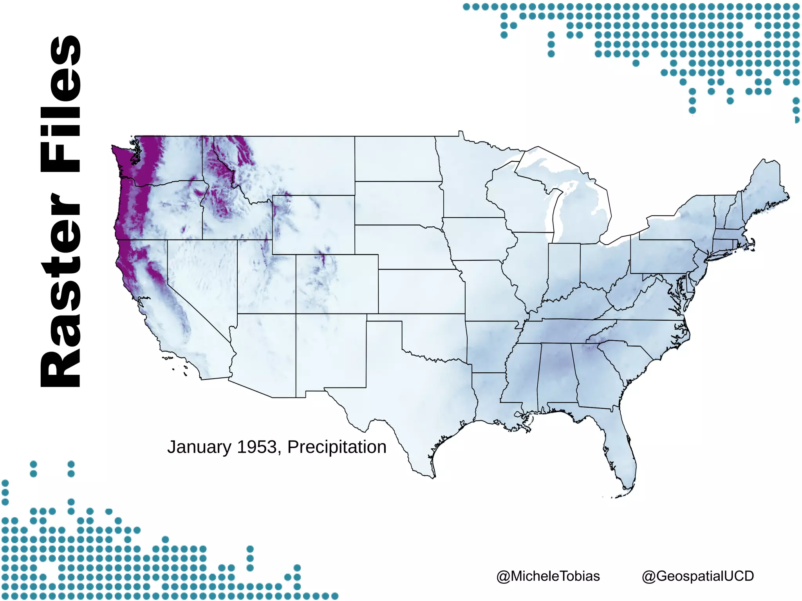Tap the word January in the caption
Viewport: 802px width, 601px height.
199,448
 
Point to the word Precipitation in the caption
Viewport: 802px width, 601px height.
337,447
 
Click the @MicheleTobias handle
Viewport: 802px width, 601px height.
548,576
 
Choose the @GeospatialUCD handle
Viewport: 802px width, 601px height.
698,576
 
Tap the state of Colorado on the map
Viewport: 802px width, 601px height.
337,284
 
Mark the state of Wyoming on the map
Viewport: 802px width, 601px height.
313,225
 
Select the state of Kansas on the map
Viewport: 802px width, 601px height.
421,292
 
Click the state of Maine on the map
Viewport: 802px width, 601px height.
764,188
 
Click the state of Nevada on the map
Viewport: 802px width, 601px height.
200,274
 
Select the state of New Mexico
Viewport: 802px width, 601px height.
331,352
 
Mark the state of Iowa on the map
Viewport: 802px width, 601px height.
478,239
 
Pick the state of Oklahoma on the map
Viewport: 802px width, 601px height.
435,337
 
